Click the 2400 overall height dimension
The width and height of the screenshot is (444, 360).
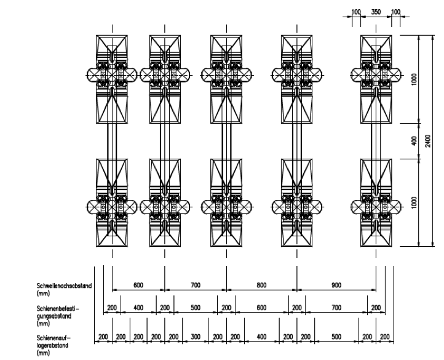point(427,141)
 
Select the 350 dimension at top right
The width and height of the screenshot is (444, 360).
point(376,12)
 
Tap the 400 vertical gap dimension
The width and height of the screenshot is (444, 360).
point(414,141)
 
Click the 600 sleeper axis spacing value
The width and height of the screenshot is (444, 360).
point(138,285)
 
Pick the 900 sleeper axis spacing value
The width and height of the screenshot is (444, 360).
point(336,285)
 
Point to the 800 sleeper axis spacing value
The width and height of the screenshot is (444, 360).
point(261,285)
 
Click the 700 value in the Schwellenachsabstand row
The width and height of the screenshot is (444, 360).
point(196,285)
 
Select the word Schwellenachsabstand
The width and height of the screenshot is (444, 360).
point(65,286)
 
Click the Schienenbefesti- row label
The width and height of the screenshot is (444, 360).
point(58,308)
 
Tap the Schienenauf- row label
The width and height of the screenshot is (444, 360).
point(54,338)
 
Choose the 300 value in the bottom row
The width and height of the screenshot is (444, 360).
point(196,337)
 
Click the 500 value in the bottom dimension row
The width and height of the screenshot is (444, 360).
point(336,337)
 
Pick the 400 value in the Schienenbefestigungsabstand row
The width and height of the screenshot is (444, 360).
point(138,308)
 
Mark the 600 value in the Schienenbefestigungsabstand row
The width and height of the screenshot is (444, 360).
point(261,308)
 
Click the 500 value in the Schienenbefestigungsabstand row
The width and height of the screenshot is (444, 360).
point(196,308)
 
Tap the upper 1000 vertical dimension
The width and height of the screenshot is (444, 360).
point(414,79)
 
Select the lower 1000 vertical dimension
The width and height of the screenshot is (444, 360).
point(414,202)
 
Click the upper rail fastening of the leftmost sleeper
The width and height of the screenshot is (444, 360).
point(112,75)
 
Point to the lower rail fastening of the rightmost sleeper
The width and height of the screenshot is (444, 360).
point(376,207)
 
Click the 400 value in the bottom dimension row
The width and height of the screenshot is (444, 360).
point(261,337)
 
